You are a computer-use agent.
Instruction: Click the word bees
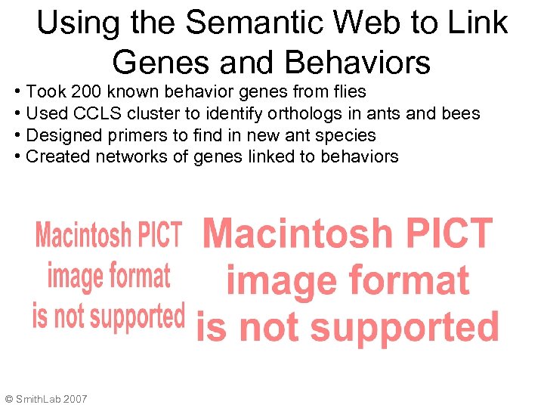460,113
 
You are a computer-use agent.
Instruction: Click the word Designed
57,135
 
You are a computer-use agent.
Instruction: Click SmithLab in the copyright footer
37,398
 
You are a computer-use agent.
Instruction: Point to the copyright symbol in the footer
8,398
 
